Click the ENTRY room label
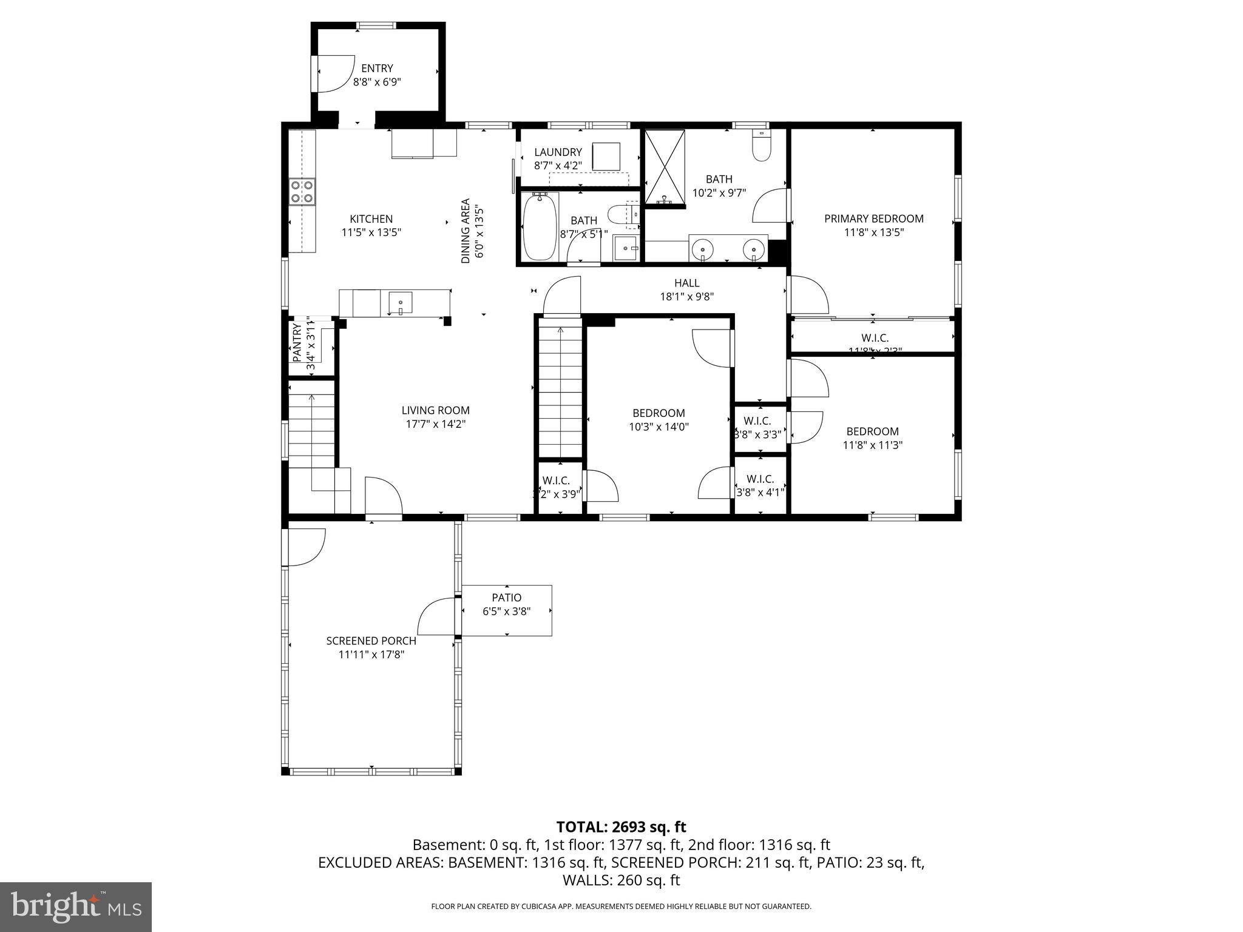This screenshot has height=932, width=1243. (x=377, y=69)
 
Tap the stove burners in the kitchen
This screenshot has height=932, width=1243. (x=302, y=191)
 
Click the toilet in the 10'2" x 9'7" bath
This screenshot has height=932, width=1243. (x=760, y=146)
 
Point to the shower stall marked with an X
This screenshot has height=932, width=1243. (x=664, y=167)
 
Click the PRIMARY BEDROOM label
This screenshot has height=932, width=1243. (x=873, y=218)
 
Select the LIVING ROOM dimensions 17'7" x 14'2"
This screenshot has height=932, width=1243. (x=435, y=424)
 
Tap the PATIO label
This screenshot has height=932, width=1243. (x=506, y=598)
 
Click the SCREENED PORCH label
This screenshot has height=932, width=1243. (x=371, y=641)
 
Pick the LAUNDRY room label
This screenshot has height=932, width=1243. (x=558, y=152)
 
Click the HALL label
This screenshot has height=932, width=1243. (x=686, y=283)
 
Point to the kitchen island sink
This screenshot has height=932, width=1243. (x=401, y=302)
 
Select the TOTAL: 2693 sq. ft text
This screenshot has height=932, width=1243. (x=621, y=826)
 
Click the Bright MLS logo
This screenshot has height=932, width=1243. (x=75, y=907)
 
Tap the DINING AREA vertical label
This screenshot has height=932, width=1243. (x=466, y=231)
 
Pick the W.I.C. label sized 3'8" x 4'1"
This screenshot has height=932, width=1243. (x=759, y=479)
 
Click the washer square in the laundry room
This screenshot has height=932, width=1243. (x=606, y=157)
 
